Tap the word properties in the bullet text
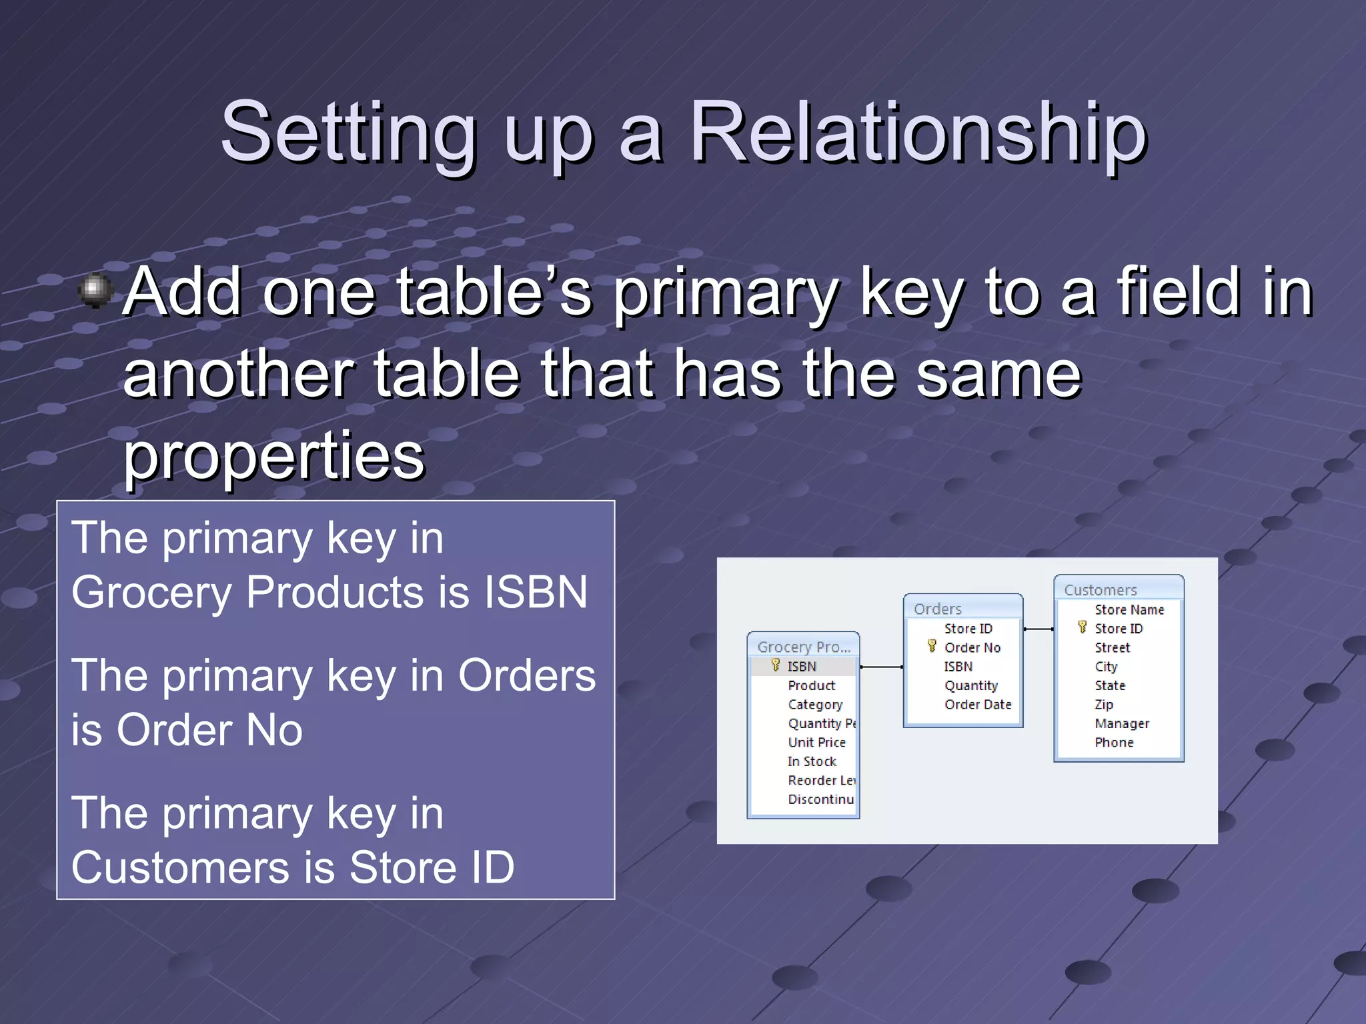point(273,455)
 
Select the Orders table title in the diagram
point(937,609)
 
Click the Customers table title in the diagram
point(1100,590)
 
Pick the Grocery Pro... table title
point(804,647)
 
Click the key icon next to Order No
point(932,646)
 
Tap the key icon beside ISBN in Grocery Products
point(775,665)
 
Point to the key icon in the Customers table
point(1082,627)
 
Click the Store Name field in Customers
point(1129,609)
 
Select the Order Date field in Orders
point(978,704)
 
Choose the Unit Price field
point(816,742)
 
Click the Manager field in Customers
point(1122,723)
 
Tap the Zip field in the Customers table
point(1104,704)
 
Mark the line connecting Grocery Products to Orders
point(881,667)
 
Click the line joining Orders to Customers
point(1039,629)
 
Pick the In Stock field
point(811,761)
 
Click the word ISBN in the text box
point(536,592)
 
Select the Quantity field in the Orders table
point(970,685)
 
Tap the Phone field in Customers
point(1114,742)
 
